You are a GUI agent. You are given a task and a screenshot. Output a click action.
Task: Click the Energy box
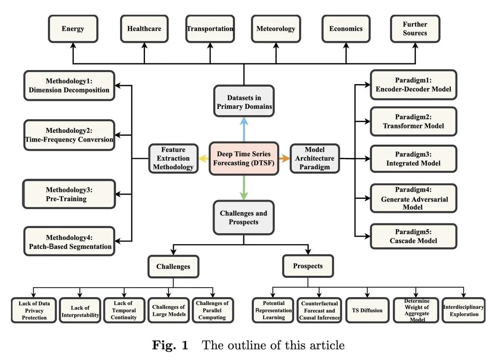pyautogui.click(x=73, y=29)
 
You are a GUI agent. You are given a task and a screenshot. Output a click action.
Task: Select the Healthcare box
pyautogui.click(x=144, y=29)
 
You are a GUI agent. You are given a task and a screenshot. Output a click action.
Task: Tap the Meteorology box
pyautogui.click(x=275, y=29)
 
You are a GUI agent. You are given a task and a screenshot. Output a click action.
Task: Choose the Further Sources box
pyautogui.click(x=415, y=29)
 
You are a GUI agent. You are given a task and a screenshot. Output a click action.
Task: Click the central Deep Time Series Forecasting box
pyautogui.click(x=244, y=159)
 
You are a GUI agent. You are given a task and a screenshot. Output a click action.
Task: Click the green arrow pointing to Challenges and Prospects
pyautogui.click(x=244, y=188)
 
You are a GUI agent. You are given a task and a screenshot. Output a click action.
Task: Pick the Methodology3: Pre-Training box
pyautogui.click(x=69, y=194)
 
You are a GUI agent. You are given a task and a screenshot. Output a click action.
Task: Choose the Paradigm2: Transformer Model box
pyautogui.click(x=413, y=121)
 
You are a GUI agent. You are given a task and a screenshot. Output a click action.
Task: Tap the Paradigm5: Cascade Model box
pyautogui.click(x=413, y=236)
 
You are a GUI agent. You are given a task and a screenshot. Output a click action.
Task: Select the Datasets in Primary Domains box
pyautogui.click(x=244, y=102)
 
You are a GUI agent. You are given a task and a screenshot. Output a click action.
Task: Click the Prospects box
pyautogui.click(x=308, y=266)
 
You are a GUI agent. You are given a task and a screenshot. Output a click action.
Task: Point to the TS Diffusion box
pyautogui.click(x=367, y=310)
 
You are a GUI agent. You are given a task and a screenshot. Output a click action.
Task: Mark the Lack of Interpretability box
pyautogui.click(x=80, y=311)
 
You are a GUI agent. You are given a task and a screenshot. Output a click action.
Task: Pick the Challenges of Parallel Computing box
pyautogui.click(x=212, y=310)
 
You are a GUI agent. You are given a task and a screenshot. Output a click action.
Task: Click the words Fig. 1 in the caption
pyautogui.click(x=170, y=345)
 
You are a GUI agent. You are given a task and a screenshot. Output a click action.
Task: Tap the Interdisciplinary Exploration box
pyautogui.click(x=464, y=310)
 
